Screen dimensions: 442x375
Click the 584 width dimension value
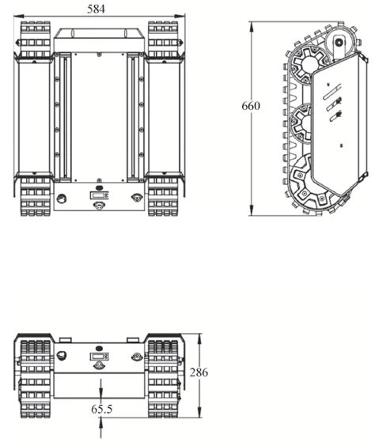(96, 8)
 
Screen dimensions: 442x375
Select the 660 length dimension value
(251, 106)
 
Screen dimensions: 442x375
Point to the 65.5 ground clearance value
(101, 410)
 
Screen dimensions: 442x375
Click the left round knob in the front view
(59, 356)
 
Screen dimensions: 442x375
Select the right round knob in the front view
(137, 356)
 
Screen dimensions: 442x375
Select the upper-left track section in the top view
(34, 39)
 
